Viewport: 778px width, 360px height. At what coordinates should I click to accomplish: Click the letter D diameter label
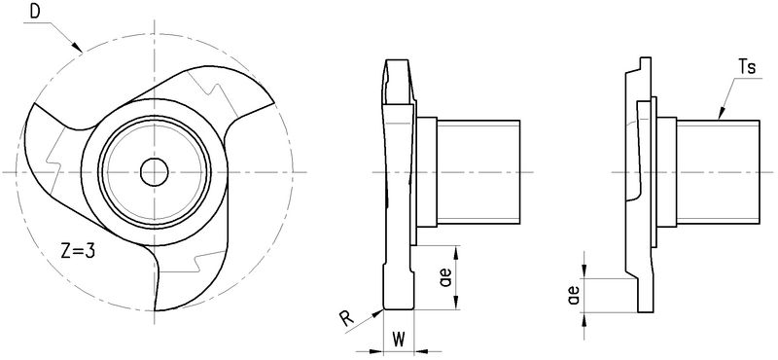pyautogui.click(x=35, y=12)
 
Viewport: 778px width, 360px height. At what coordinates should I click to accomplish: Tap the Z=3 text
pyautogui.click(x=78, y=251)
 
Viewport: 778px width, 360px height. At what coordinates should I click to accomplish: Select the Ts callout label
pyautogui.click(x=747, y=67)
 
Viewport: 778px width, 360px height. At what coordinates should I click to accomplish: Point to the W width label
pyautogui.click(x=398, y=340)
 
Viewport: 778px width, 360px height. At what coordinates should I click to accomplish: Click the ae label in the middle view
pyautogui.click(x=445, y=277)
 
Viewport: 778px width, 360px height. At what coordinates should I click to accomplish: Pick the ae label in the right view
pyautogui.click(x=575, y=296)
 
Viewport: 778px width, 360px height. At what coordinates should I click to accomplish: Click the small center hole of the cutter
pyautogui.click(x=155, y=172)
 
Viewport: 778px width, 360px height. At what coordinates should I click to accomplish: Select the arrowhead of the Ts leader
pyautogui.click(x=721, y=115)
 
